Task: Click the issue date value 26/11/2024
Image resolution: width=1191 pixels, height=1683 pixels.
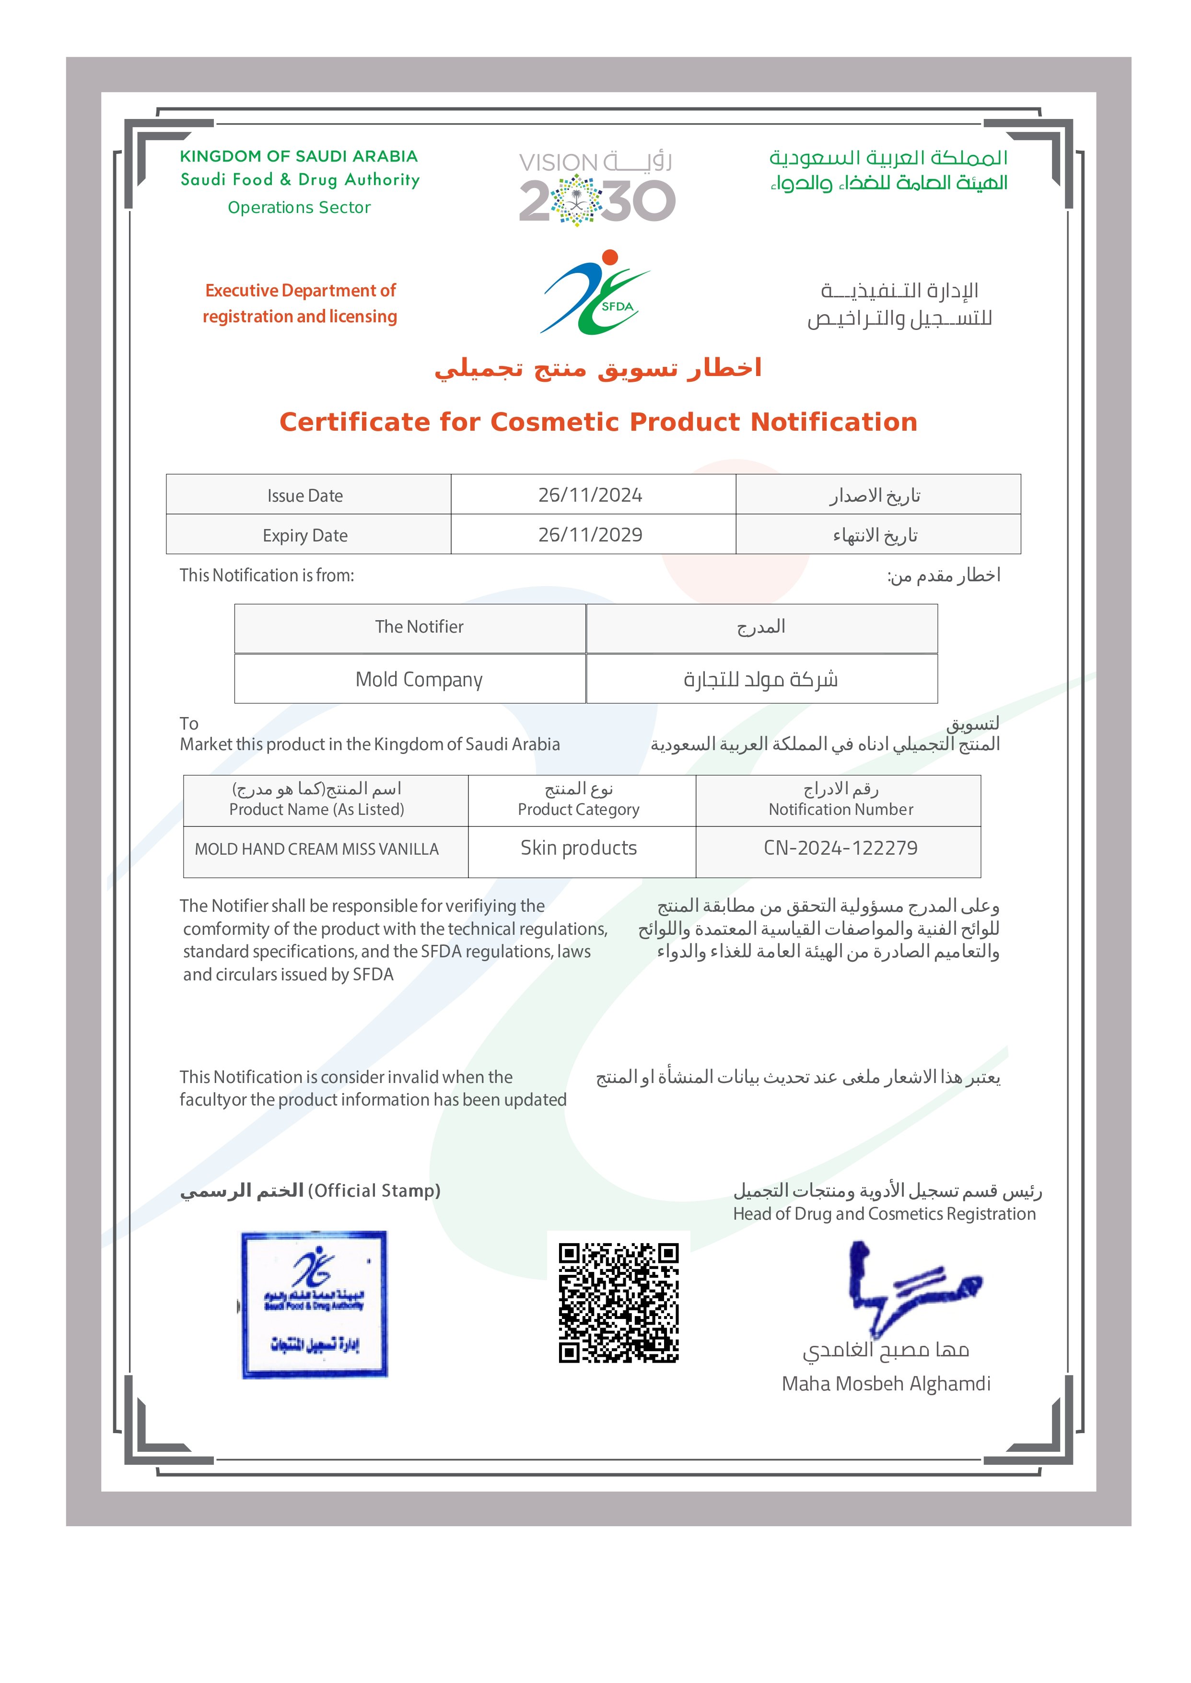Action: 590,495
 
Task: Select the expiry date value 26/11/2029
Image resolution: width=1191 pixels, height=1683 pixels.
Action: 590,535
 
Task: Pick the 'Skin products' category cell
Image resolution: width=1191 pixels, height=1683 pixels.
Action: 579,848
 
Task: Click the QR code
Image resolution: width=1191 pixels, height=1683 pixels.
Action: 618,1302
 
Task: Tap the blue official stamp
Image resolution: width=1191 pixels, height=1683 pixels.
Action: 315,1305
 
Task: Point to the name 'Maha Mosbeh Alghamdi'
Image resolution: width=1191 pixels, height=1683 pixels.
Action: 886,1384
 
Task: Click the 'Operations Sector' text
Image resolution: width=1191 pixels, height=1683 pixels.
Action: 299,208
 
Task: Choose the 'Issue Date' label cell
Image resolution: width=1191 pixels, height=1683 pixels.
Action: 305,496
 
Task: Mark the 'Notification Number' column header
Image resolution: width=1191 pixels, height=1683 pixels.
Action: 841,809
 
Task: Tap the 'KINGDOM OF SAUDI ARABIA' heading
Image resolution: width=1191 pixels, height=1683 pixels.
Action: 299,156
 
